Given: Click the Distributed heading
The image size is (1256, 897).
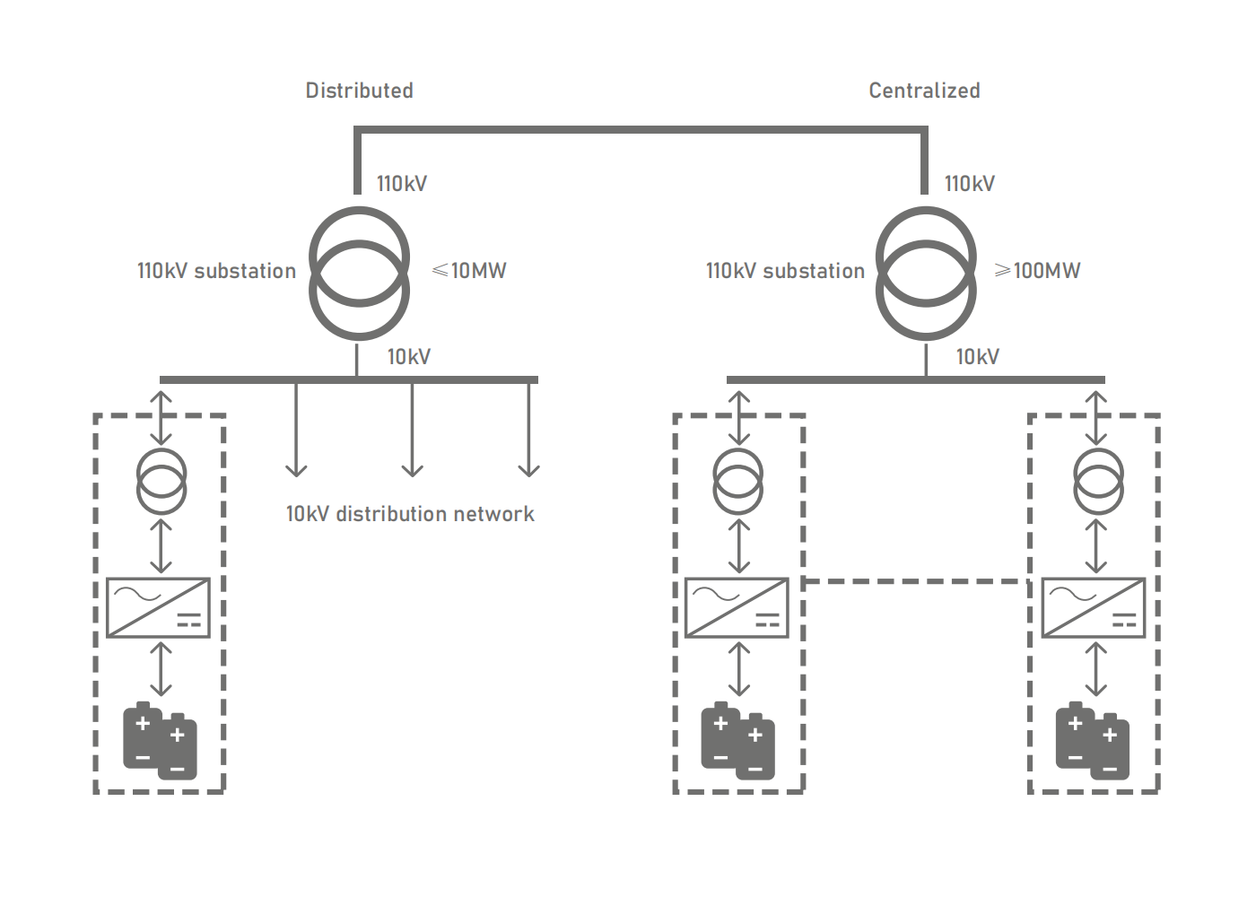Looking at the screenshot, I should click(x=359, y=91).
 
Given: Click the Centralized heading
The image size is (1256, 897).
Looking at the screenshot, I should click(x=924, y=91).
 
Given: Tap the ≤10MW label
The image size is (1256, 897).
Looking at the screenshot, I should click(x=469, y=270).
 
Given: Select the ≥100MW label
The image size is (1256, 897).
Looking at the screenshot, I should click(x=1038, y=270).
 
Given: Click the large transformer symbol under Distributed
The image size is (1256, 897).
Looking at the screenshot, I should click(x=359, y=273).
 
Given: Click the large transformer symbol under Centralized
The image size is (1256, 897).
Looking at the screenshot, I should click(x=926, y=273).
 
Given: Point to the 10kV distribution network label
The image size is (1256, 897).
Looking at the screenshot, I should click(x=410, y=514).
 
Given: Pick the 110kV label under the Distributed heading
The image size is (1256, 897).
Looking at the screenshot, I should click(x=401, y=184).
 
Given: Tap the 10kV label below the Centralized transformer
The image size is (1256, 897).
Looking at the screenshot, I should click(x=977, y=357).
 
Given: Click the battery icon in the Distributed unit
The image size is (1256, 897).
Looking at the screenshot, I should click(x=160, y=741).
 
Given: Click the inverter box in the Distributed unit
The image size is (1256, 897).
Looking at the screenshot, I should click(x=159, y=608).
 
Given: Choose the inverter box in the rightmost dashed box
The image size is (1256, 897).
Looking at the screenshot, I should click(x=1093, y=608).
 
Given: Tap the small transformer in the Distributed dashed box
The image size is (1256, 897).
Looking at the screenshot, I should click(x=161, y=482).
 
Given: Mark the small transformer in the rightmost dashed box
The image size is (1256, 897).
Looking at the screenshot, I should click(x=1098, y=482).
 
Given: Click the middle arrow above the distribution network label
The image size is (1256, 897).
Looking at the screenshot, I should click(x=412, y=431).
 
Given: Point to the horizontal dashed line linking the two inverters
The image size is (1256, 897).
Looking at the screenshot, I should click(x=915, y=581).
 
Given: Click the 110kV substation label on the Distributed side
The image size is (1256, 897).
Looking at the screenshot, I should click(x=216, y=271).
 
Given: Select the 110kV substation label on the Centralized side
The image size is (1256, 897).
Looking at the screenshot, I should click(x=785, y=271).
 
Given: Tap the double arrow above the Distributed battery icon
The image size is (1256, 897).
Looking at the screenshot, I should click(x=161, y=669).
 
